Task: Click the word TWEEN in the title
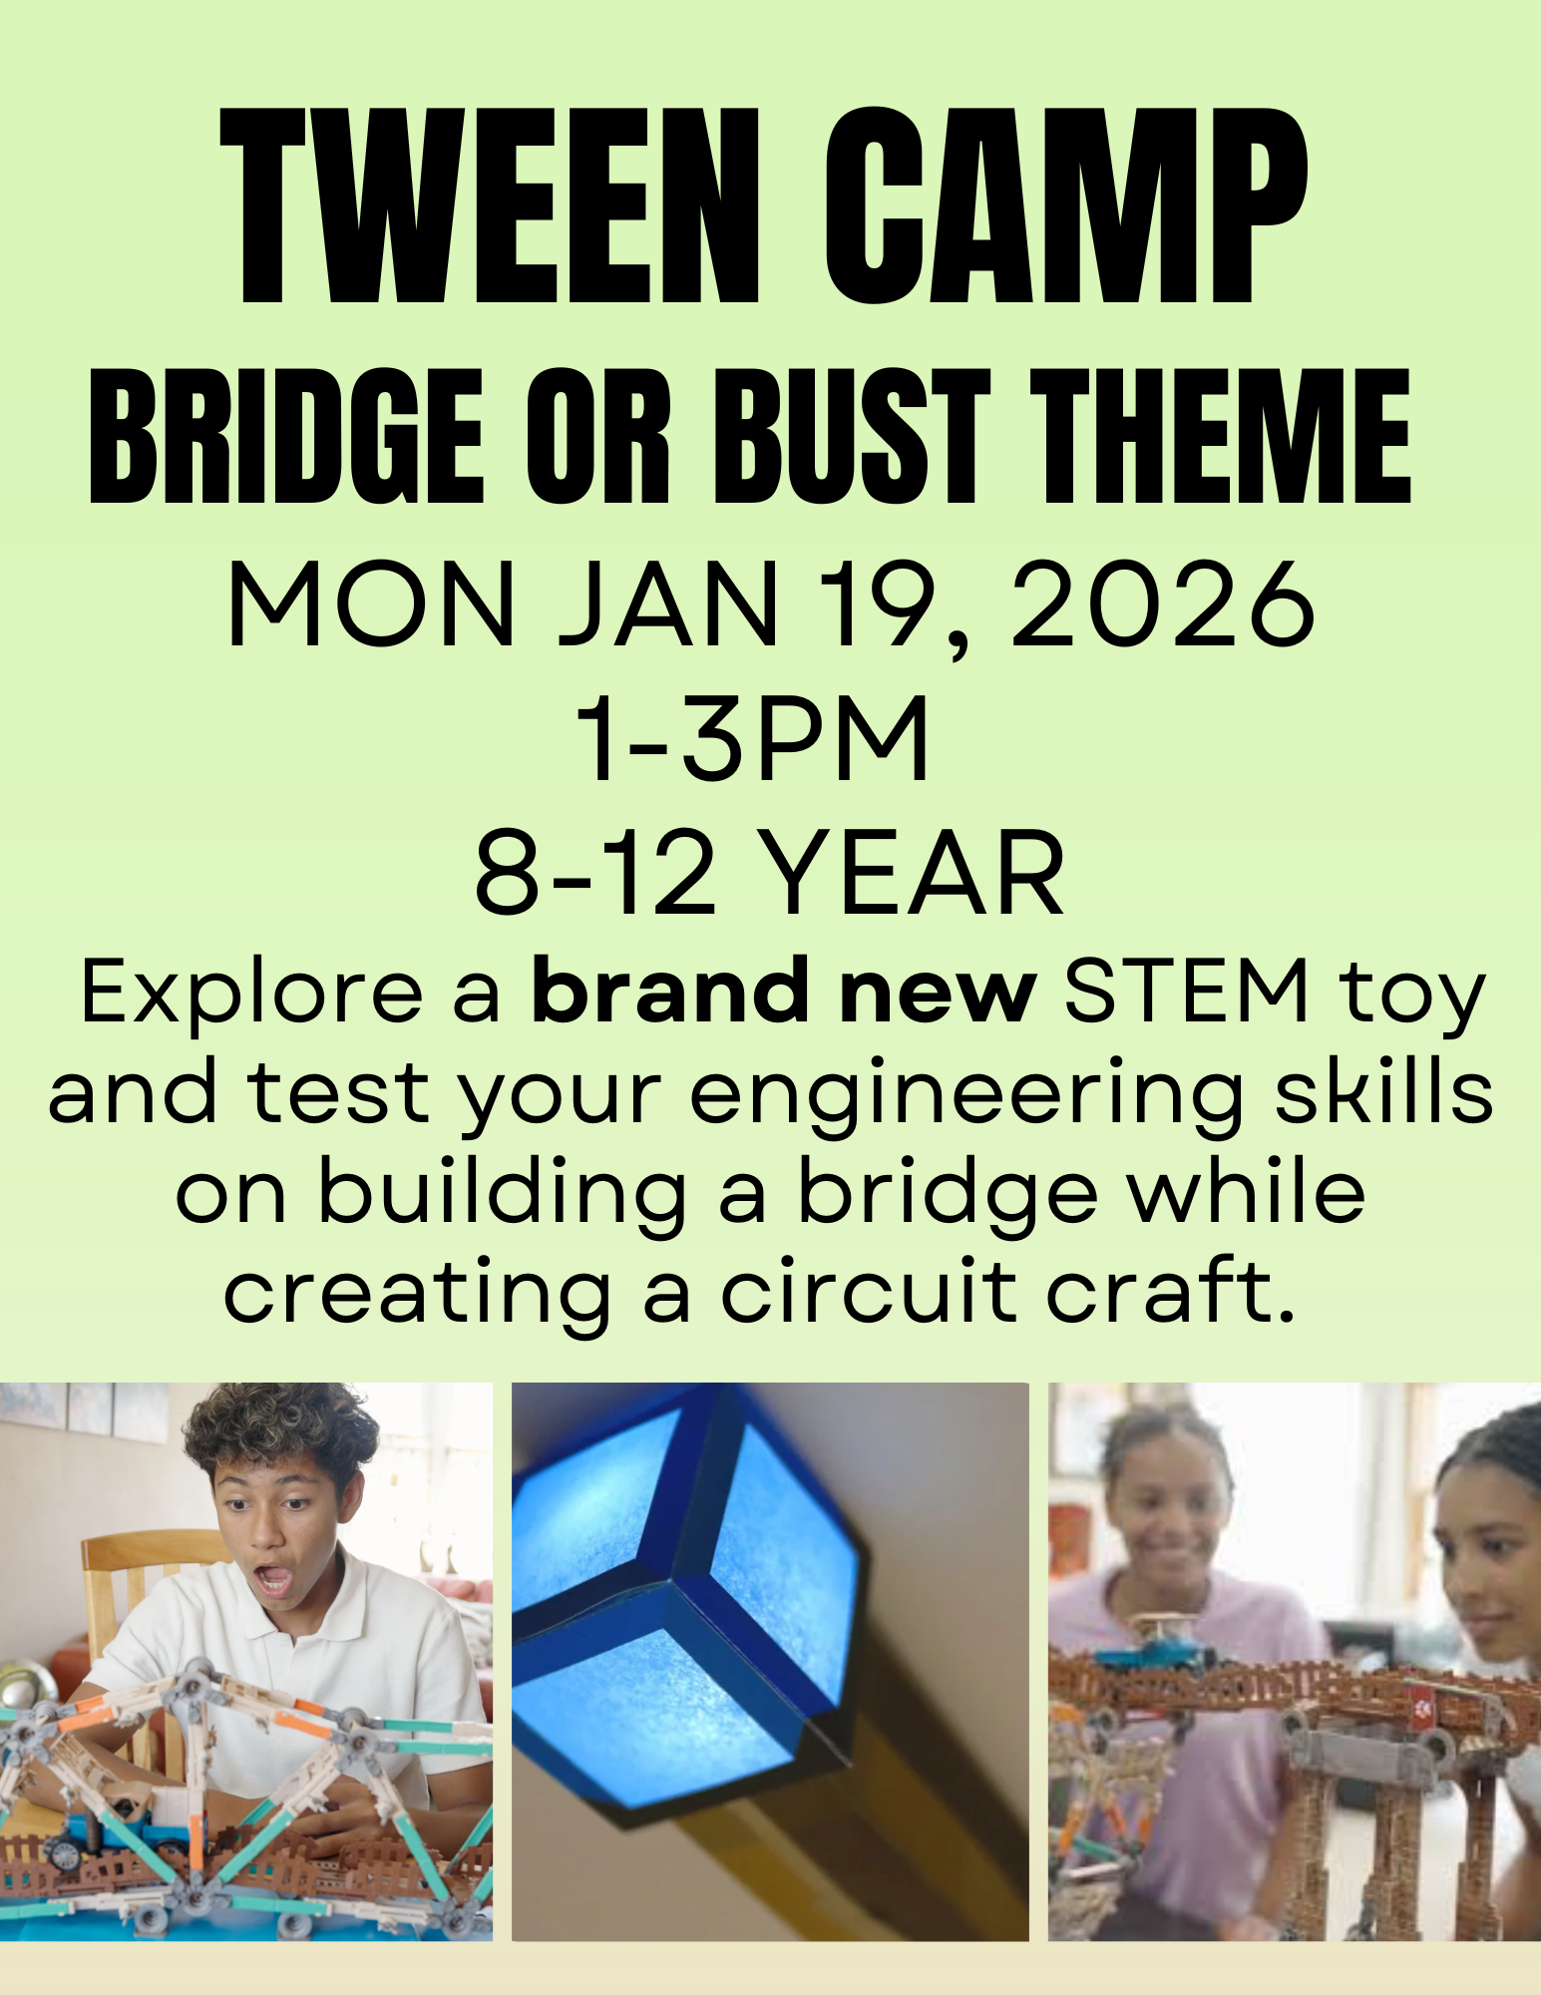coord(490,206)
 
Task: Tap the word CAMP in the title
coord(1064,206)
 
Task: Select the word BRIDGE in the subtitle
coord(286,437)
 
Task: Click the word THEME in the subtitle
coord(1220,437)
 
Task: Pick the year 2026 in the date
coord(1163,604)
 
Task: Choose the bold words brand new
coord(783,992)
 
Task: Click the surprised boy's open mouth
coord(273,1579)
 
